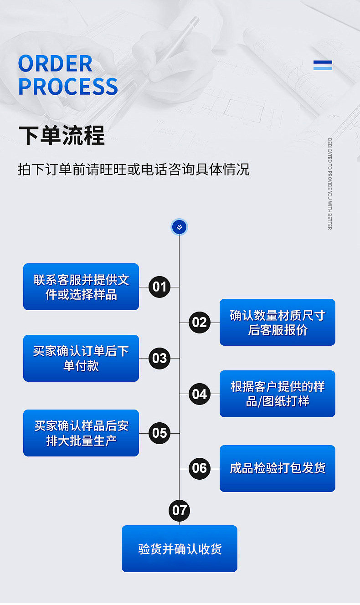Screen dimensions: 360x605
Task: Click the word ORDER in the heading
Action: coord(55,64)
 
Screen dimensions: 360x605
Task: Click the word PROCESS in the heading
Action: coord(68,87)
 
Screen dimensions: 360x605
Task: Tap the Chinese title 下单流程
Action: coord(62,135)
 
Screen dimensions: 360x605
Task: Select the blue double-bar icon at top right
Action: coord(323,65)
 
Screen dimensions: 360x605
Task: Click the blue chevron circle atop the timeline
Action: coord(179,227)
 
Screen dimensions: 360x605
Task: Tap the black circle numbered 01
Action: coord(159,287)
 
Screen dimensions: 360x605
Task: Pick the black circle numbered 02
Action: coord(199,323)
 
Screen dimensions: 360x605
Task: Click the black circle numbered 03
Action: coord(159,358)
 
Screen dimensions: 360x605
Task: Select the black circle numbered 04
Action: coord(199,394)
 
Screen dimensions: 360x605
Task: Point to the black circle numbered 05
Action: coord(159,433)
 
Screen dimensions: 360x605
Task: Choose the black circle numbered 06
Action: coord(199,468)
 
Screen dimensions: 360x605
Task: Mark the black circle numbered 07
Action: coord(179,510)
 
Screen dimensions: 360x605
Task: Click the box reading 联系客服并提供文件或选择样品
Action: coord(81,287)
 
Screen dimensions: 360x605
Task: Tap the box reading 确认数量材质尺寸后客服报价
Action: coord(277,323)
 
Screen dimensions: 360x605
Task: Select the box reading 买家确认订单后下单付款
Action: coord(81,358)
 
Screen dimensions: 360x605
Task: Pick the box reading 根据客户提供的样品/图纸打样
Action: coord(277,394)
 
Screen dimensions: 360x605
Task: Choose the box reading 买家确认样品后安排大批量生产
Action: coord(81,433)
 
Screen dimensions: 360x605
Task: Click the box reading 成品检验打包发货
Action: coord(277,468)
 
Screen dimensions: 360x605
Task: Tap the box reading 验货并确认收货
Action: coord(179,549)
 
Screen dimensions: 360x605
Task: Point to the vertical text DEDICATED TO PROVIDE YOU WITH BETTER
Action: coord(329,184)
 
